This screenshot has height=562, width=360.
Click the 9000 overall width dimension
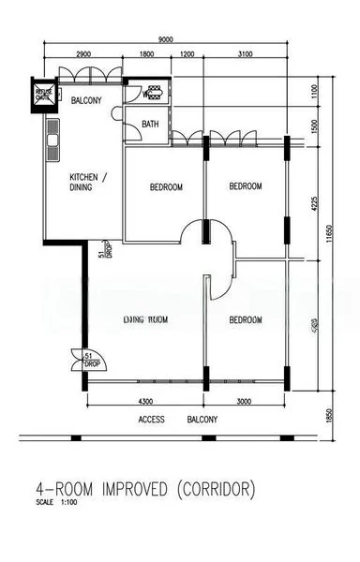click(x=165, y=39)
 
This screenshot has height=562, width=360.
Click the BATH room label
click(x=150, y=124)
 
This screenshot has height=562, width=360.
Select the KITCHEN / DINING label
click(x=89, y=183)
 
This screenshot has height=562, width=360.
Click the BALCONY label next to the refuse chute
click(x=83, y=99)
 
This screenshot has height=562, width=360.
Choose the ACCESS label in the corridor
click(x=153, y=419)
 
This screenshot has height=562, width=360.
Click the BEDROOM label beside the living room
click(x=245, y=320)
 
